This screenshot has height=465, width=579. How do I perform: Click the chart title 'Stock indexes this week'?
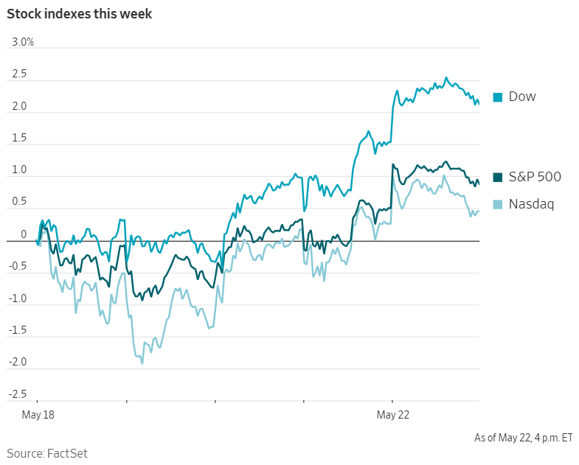[x=80, y=14]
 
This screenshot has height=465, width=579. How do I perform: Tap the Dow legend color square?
[x=497, y=97]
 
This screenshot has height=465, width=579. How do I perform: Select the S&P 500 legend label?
[x=535, y=177]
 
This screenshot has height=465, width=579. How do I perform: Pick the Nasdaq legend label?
[x=531, y=204]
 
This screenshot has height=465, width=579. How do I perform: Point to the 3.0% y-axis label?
[x=23, y=42]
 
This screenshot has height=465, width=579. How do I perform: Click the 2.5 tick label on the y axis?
[x=19, y=74]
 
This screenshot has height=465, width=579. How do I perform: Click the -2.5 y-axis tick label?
[x=18, y=394]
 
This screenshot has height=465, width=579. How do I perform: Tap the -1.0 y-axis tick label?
[x=18, y=298]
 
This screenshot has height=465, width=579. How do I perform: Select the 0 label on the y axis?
[x=24, y=234]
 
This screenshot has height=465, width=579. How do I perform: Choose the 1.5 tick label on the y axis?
[x=19, y=138]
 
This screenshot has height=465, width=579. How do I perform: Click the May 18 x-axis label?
[x=38, y=415]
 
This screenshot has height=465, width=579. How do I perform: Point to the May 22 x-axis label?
[x=393, y=415]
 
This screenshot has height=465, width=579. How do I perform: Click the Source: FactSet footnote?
[x=47, y=453]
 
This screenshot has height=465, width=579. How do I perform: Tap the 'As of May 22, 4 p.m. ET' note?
[x=523, y=438]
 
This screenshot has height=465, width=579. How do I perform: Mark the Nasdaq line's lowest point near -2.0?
[x=142, y=363]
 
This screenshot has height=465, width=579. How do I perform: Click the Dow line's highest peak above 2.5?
[x=446, y=77]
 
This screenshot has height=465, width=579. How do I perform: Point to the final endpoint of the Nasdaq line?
[x=479, y=211]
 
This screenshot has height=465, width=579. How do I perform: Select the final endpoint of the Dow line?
[x=479, y=105]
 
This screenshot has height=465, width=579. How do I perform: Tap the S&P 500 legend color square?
[x=497, y=177]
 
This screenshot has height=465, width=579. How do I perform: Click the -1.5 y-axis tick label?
[x=18, y=330]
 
